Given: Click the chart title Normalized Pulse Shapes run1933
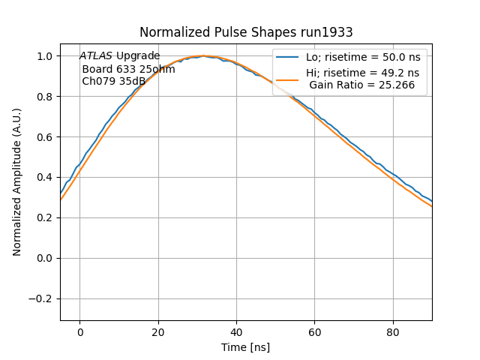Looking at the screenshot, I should (x=246, y=32).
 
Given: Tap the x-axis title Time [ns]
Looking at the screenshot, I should (x=245, y=347).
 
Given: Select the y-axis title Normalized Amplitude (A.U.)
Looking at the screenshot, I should (x=16, y=182).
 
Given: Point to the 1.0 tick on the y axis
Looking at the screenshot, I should (x=45, y=56).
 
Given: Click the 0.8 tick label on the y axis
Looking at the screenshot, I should (x=45, y=97).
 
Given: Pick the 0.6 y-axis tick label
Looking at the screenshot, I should (x=45, y=137).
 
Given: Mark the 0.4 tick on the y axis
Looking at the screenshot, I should (x=45, y=178).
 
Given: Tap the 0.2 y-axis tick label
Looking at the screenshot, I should (x=45, y=218).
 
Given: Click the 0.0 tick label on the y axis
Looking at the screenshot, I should (x=45, y=259).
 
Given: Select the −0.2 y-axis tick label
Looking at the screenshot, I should (x=42, y=299).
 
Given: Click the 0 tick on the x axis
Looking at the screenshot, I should (x=79, y=332).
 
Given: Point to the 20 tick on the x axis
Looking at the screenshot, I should (x=157, y=332).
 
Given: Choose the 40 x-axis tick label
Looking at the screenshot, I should (x=236, y=332).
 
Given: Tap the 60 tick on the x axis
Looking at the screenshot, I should (x=314, y=332).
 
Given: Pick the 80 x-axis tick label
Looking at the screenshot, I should (x=393, y=332).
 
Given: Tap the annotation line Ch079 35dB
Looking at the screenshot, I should (x=113, y=81).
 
